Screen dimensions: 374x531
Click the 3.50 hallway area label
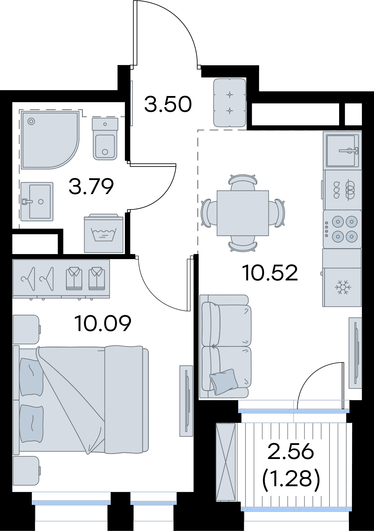(x=168, y=105)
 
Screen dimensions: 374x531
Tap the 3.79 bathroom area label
(x=91, y=186)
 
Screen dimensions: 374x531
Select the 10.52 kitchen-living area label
(x=270, y=273)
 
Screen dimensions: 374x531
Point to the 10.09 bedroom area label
(x=103, y=323)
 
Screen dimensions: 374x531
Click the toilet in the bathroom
(x=105, y=138)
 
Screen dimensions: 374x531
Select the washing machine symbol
(x=103, y=233)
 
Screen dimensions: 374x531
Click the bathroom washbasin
(x=37, y=201)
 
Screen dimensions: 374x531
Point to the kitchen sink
(x=342, y=150)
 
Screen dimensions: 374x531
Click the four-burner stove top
(x=342, y=229)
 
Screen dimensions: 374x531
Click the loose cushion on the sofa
(x=224, y=381)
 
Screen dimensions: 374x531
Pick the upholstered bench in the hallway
(x=230, y=103)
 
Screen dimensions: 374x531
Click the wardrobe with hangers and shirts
(x=61, y=279)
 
